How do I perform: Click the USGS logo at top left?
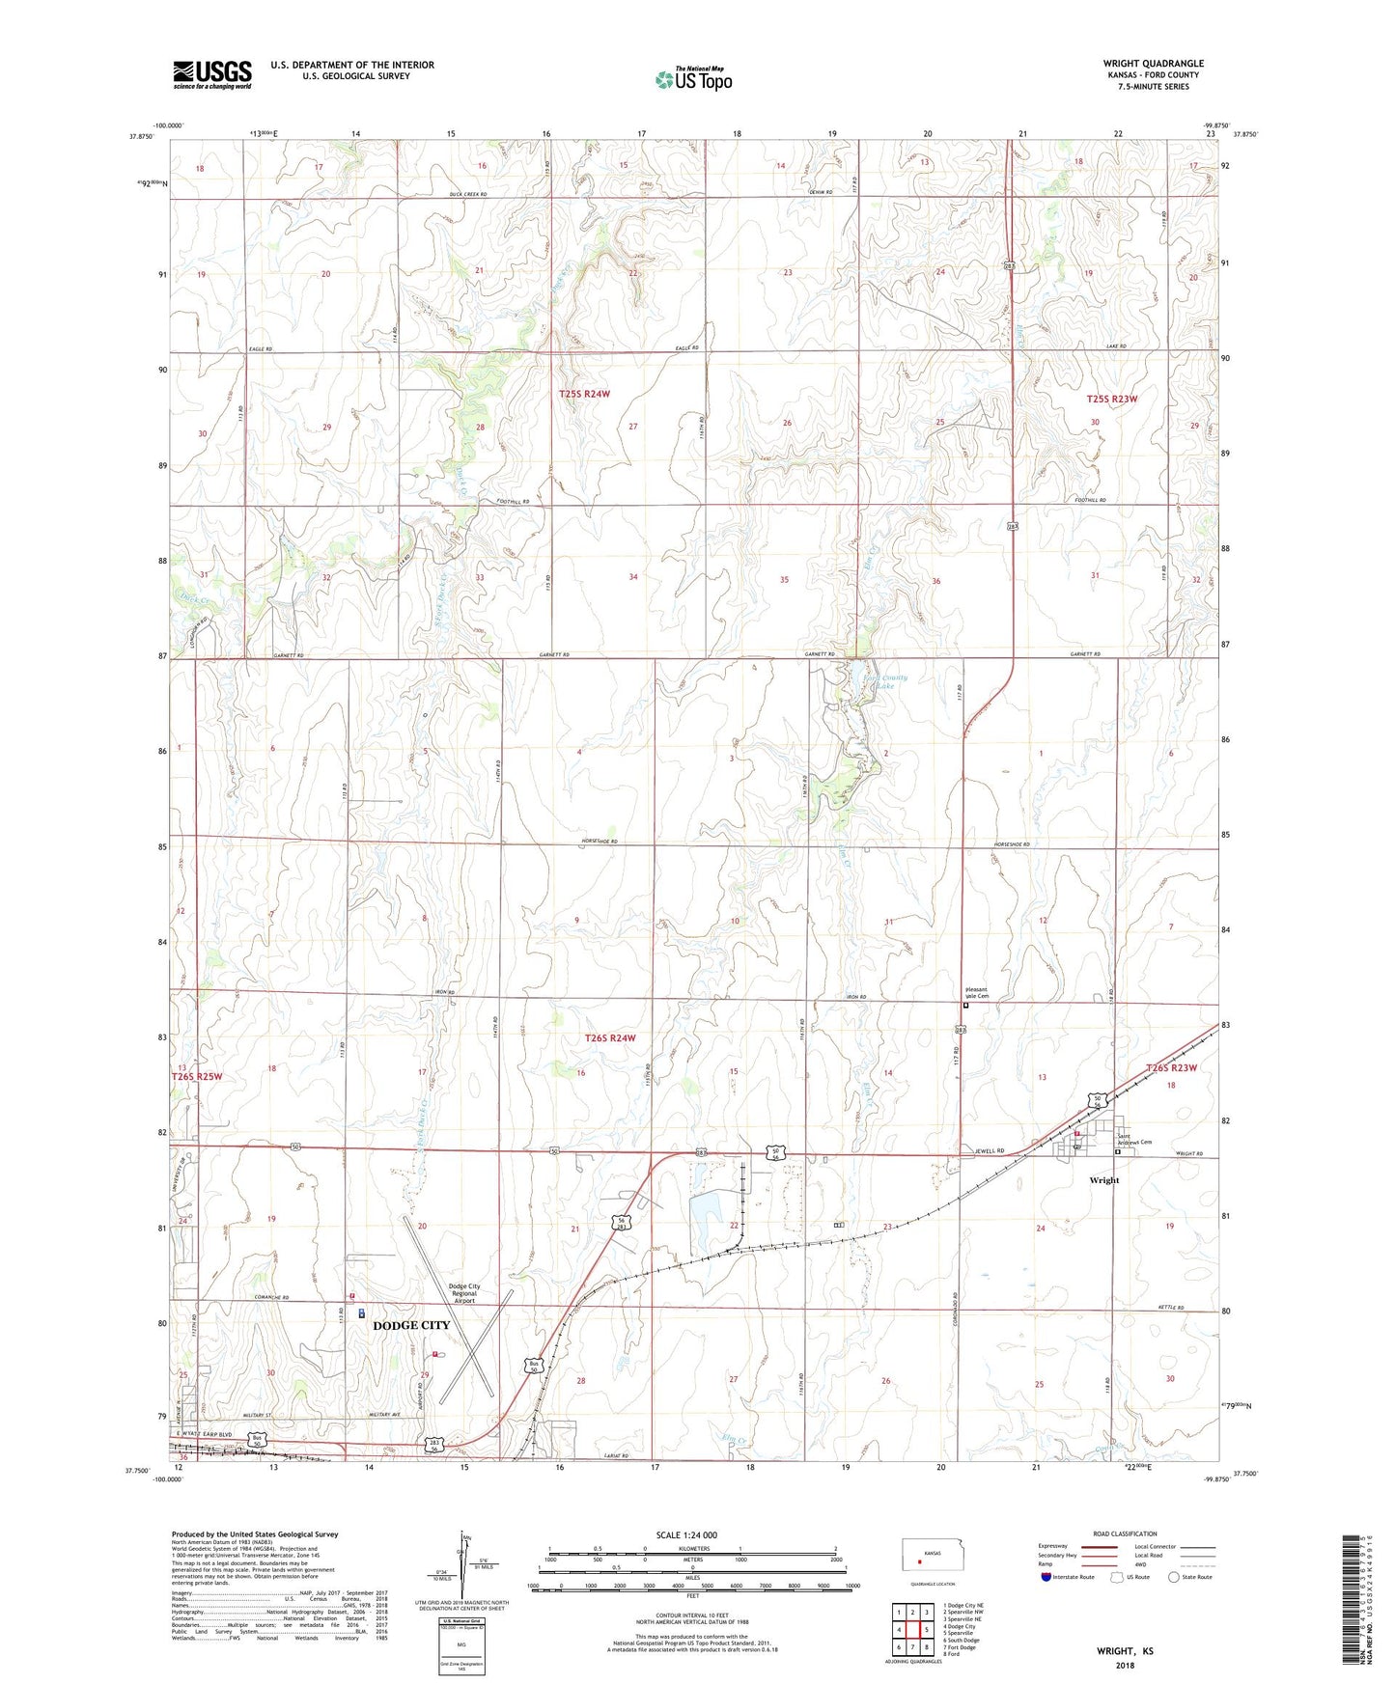[x=212, y=74]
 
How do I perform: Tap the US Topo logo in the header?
[x=693, y=78]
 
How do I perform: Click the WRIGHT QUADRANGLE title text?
[x=1153, y=64]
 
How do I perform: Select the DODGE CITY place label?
[x=411, y=1326]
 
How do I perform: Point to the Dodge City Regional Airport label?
[x=463, y=1293]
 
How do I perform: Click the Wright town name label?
[x=1103, y=1180]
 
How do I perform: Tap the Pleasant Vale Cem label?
[x=976, y=993]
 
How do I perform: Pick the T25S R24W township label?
[x=585, y=394]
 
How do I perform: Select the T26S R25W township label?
[x=196, y=1076]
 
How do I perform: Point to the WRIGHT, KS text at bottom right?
[x=1125, y=1651]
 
